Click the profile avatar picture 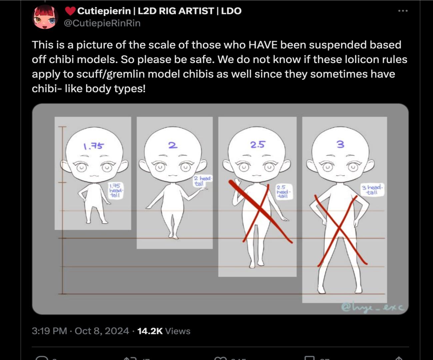click(x=45, y=17)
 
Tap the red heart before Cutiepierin click(x=70, y=11)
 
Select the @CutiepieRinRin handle click(x=102, y=23)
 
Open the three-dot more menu click(x=403, y=11)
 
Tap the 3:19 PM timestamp click(x=49, y=331)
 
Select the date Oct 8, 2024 click(x=102, y=331)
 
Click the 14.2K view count click(x=150, y=331)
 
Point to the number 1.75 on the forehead click(x=93, y=146)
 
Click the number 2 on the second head click(x=173, y=145)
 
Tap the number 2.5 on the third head click(x=258, y=144)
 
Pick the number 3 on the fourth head click(x=340, y=144)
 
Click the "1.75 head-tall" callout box click(x=116, y=190)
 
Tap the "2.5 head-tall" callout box click(x=283, y=192)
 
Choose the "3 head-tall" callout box click(x=372, y=190)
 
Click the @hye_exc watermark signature click(x=372, y=307)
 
